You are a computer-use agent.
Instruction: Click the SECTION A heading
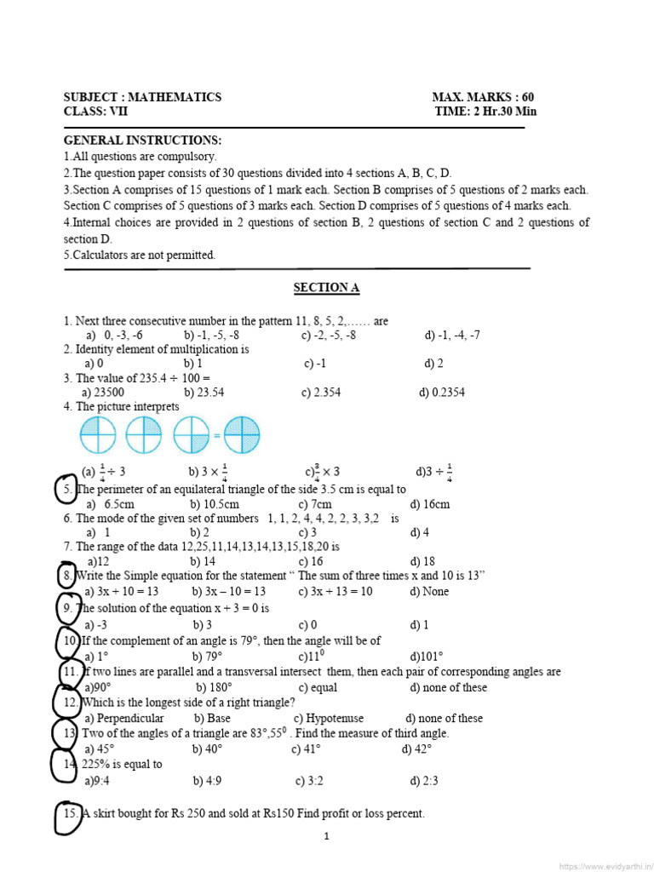coord(326,288)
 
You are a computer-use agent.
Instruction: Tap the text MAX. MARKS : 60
coord(483,97)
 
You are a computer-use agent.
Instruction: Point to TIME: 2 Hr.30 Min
coord(485,112)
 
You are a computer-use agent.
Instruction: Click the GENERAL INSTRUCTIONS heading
coord(142,141)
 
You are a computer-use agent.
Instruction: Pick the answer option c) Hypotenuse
coord(328,718)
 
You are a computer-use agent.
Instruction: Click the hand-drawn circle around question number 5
coord(66,490)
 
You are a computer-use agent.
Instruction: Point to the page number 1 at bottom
coord(326,836)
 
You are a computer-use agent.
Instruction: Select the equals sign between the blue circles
coord(217,436)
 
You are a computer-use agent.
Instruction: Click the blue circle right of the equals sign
coord(242,435)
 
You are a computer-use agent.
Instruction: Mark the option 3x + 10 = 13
coord(122,591)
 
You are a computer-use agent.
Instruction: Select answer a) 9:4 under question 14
coord(99,779)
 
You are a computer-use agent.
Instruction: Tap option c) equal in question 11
coord(318,687)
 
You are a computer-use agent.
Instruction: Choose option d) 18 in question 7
coord(422,561)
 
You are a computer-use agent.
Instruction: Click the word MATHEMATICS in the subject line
coord(175,97)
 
